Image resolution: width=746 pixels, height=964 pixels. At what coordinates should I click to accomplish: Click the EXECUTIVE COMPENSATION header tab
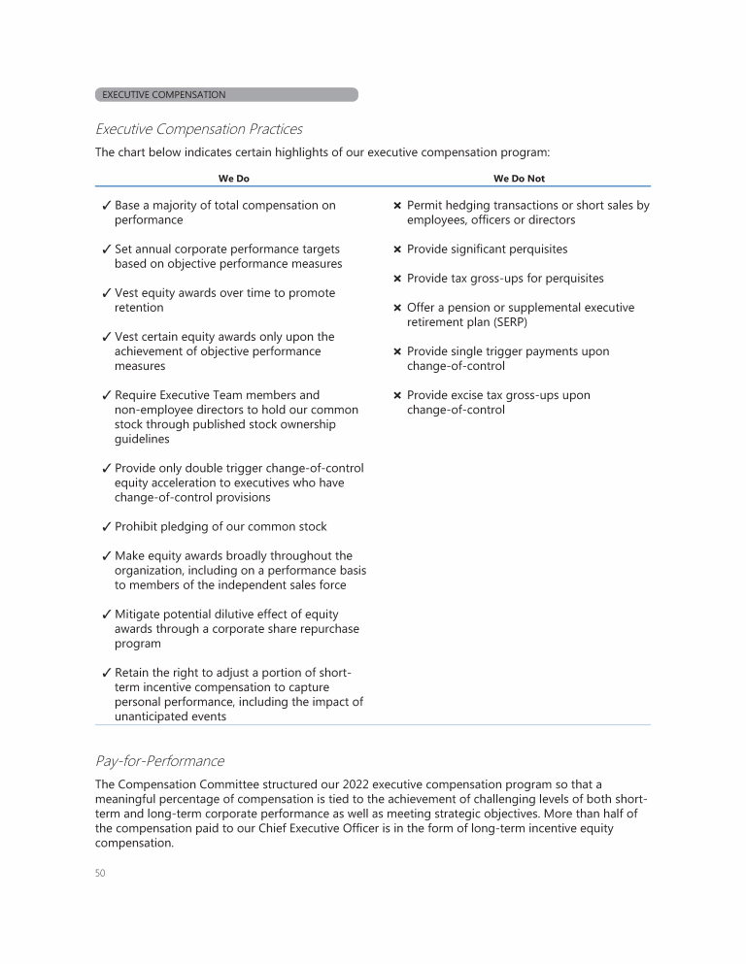pyautogui.click(x=225, y=95)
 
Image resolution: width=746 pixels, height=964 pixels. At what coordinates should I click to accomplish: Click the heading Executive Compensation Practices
pyautogui.click(x=198, y=129)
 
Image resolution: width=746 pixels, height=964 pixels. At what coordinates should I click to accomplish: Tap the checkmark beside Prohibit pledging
pyautogui.click(x=105, y=527)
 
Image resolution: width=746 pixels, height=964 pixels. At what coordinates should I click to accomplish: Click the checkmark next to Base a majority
pyautogui.click(x=105, y=206)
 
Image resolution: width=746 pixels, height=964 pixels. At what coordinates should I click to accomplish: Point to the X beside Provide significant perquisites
pyautogui.click(x=397, y=249)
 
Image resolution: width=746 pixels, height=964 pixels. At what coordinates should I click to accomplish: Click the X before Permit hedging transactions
pyautogui.click(x=397, y=206)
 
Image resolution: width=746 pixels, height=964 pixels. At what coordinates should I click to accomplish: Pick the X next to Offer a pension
pyautogui.click(x=397, y=308)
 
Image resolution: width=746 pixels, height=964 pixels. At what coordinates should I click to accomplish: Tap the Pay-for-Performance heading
pyautogui.click(x=159, y=760)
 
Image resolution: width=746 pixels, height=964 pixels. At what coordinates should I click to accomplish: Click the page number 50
pyautogui.click(x=100, y=873)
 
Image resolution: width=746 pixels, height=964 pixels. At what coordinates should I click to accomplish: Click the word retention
pyautogui.click(x=139, y=308)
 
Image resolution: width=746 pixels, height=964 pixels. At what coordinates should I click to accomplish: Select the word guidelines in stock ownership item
pyautogui.click(x=142, y=439)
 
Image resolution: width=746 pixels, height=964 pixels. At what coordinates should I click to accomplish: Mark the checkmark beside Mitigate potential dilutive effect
pyautogui.click(x=105, y=615)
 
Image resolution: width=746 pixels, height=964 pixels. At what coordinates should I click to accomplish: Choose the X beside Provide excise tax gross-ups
pyautogui.click(x=397, y=395)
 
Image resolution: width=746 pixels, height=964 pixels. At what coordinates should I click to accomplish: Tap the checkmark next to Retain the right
pyautogui.click(x=105, y=673)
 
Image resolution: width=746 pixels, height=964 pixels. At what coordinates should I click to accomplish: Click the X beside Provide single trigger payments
pyautogui.click(x=397, y=351)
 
